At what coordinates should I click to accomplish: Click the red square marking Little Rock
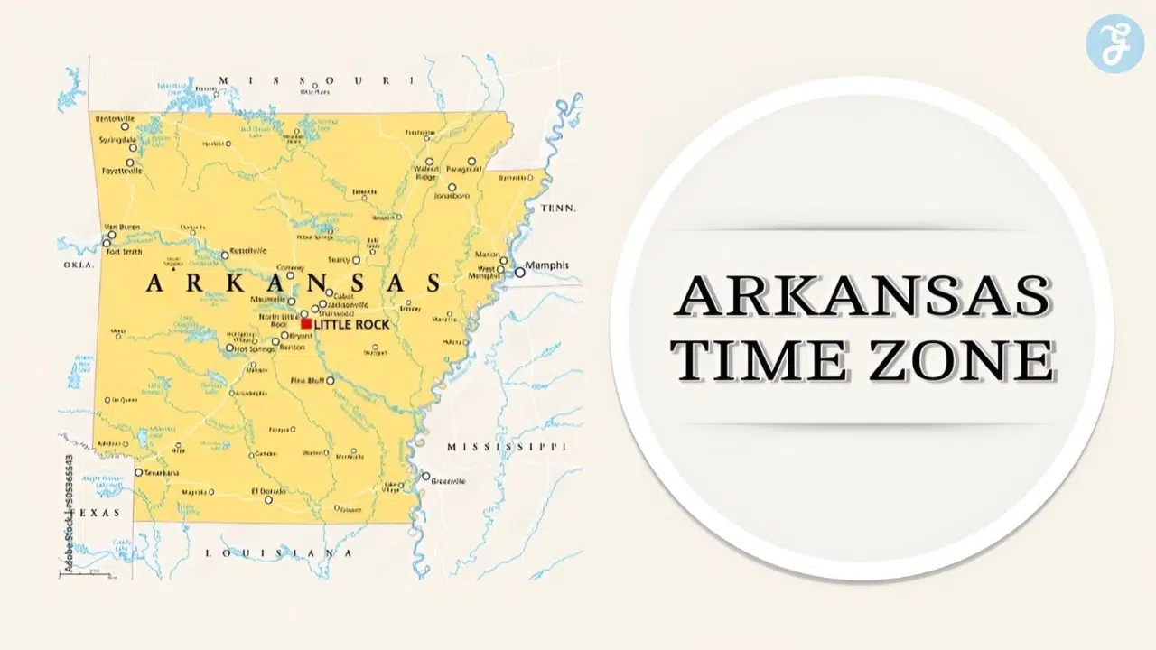pyautogui.click(x=306, y=323)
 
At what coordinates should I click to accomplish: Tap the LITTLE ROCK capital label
pyautogui.click(x=351, y=324)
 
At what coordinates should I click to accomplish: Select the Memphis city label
pyautogui.click(x=548, y=265)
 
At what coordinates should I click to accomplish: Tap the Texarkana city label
pyautogui.click(x=161, y=472)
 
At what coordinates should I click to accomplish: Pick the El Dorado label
pyautogui.click(x=267, y=491)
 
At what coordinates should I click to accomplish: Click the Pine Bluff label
pyautogui.click(x=309, y=380)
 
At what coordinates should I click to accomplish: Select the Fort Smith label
pyautogui.click(x=125, y=252)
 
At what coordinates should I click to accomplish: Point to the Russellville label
pyautogui.click(x=248, y=250)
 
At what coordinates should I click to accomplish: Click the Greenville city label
pyautogui.click(x=448, y=481)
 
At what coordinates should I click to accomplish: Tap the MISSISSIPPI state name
pyautogui.click(x=507, y=447)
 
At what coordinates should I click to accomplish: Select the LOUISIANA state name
pyautogui.click(x=279, y=552)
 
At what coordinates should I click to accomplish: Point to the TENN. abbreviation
pyautogui.click(x=557, y=209)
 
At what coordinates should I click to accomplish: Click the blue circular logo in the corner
pyautogui.click(x=1114, y=43)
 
